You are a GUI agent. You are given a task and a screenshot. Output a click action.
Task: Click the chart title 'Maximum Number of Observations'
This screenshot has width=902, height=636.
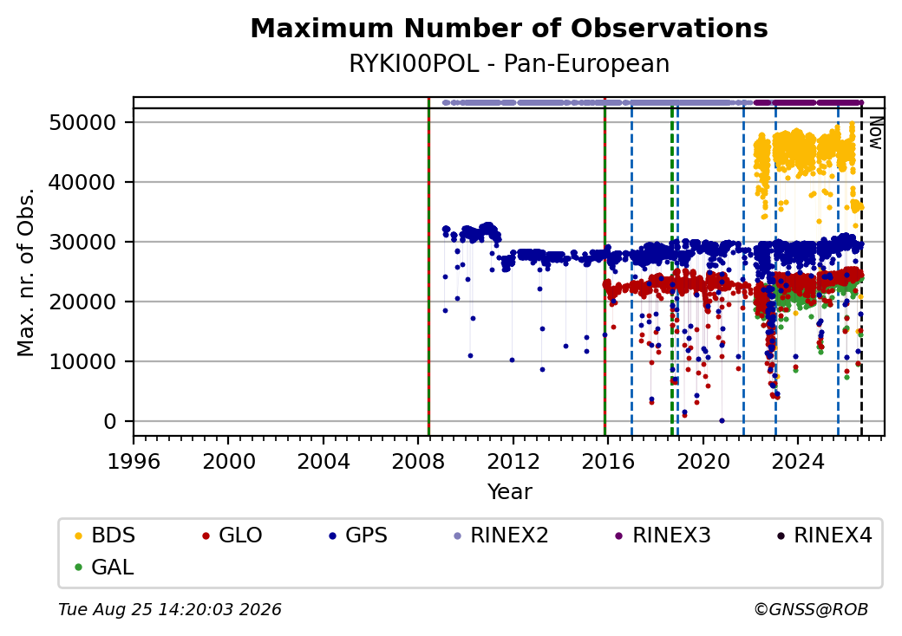point(509,28)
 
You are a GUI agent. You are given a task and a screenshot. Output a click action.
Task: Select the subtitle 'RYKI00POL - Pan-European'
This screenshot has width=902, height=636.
point(509,64)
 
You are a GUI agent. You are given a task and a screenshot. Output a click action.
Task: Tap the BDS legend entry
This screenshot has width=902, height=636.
point(106,535)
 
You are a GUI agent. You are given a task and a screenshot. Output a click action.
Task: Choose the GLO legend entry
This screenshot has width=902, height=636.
point(232,535)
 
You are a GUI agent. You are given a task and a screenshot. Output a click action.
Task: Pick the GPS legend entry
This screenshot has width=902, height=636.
point(358,535)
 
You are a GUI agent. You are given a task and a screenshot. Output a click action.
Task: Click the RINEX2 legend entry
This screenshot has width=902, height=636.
point(501,535)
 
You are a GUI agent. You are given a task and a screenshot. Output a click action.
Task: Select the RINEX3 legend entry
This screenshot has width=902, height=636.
point(663,535)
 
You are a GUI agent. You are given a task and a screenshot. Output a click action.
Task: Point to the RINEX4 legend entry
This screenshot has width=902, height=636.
point(825,535)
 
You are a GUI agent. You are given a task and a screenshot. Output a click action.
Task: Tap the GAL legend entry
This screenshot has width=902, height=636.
point(105,567)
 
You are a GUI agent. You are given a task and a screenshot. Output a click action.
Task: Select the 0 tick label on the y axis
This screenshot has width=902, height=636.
point(110,422)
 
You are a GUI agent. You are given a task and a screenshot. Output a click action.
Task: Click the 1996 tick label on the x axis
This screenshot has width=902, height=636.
point(134,461)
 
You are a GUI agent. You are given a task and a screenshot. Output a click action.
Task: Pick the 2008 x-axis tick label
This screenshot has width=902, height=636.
point(418,461)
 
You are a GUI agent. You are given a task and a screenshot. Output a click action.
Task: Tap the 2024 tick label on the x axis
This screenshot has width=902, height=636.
point(797,461)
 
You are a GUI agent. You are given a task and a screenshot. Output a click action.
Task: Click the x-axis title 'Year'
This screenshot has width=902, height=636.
point(509,492)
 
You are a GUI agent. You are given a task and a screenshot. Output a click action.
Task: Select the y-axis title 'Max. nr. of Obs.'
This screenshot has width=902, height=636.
point(26,272)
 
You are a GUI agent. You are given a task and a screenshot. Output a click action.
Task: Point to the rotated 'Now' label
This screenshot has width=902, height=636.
point(875,133)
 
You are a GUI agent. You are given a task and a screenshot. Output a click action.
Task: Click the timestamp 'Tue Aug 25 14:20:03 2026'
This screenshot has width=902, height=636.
point(170,609)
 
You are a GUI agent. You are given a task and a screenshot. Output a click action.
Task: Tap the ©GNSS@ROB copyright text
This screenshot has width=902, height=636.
point(811,609)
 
